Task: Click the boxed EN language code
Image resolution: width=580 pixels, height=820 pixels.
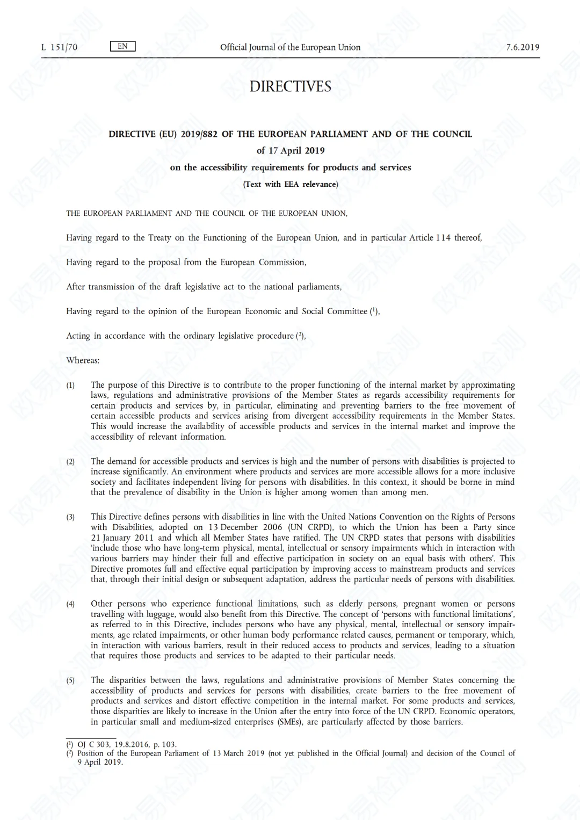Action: pos(122,46)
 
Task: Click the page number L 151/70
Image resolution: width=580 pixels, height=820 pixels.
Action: pos(59,47)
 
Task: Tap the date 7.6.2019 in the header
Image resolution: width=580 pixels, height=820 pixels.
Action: pos(522,47)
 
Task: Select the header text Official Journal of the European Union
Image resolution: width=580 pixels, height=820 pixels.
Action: pos(290,47)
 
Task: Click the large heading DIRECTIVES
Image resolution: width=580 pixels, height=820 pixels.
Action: pos(290,86)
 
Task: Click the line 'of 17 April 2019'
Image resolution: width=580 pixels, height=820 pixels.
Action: pos(290,150)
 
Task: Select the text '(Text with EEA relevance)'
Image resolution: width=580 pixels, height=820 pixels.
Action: pos(290,184)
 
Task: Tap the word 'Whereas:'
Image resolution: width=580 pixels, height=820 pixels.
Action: pos(83,360)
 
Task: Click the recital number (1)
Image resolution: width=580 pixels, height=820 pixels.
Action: pos(71,386)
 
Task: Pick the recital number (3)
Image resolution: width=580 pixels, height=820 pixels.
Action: pos(71,518)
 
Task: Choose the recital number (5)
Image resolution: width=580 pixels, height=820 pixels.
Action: pos(71,681)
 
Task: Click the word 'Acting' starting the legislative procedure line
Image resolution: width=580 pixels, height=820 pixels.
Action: pos(78,336)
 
